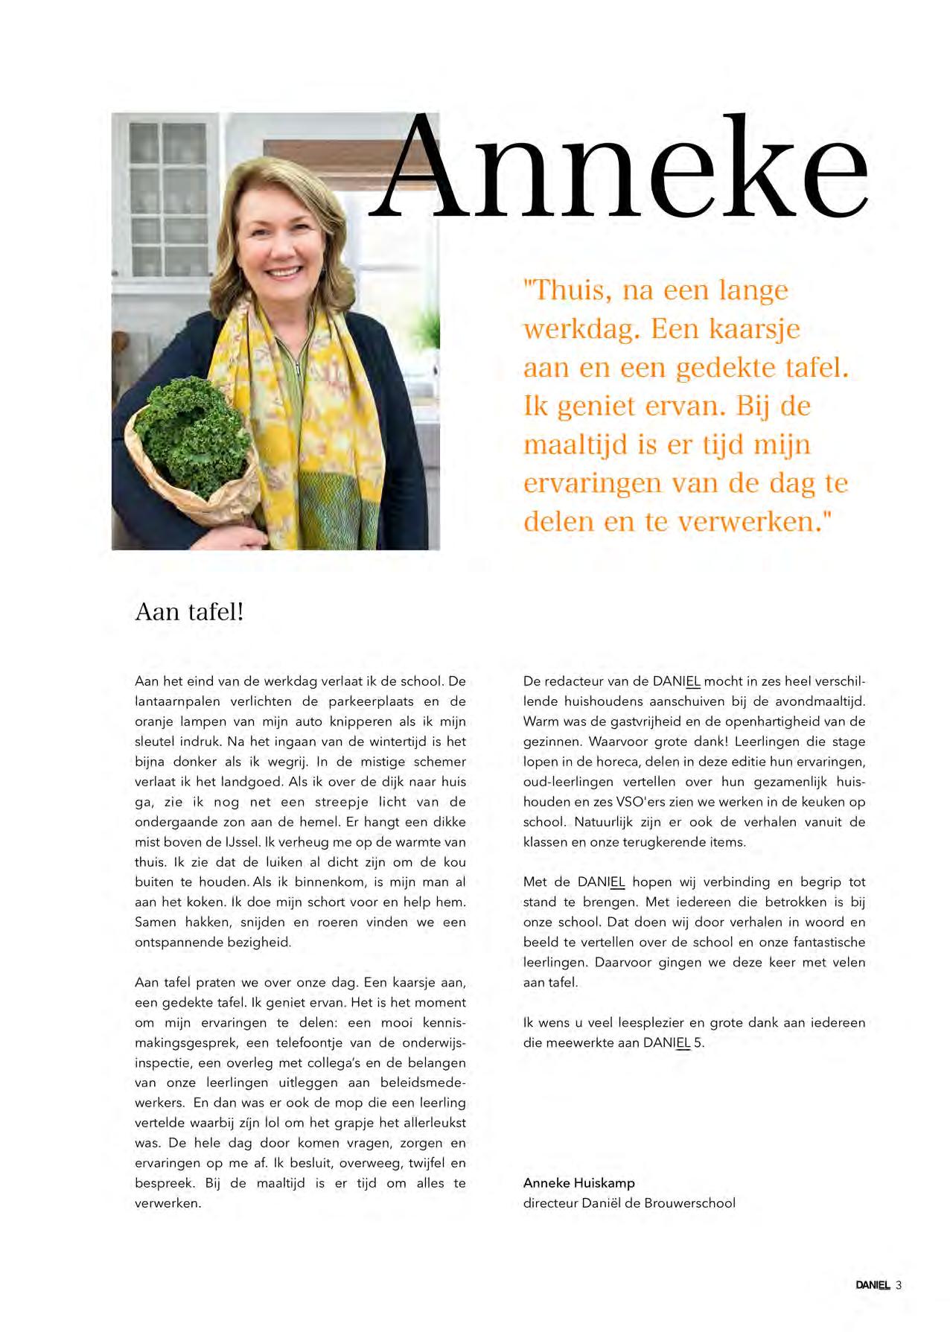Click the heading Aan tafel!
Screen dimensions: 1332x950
pos(189,612)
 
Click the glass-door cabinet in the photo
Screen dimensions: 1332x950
pos(167,197)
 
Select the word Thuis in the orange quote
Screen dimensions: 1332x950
pos(567,290)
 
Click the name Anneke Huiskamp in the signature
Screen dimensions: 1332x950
pos(578,1182)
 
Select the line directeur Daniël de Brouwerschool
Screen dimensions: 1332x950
pos(628,1202)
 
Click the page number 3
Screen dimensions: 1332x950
pos(899,1284)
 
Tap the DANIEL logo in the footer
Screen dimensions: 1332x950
pos(872,1284)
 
